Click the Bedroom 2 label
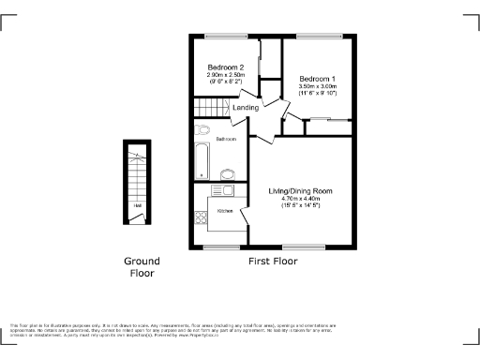[x=226, y=67]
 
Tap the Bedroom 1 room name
[x=317, y=79]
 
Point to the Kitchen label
[x=225, y=211]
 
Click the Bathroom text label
[x=226, y=139]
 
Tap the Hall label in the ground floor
[x=137, y=205]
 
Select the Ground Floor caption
[x=142, y=267]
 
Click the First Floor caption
[x=273, y=262]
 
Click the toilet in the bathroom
[x=202, y=130]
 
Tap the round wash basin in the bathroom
[x=226, y=173]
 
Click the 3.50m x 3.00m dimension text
[x=317, y=86]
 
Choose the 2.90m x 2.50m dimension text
[x=226, y=75]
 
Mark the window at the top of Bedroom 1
[x=317, y=37]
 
